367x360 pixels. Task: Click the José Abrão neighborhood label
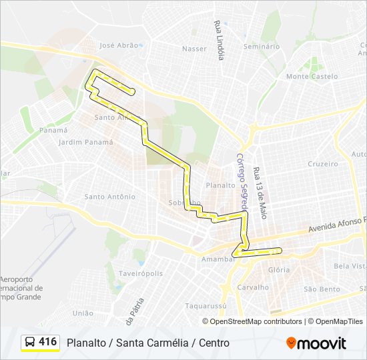pos(119,45)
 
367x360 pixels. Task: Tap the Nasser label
pos(194,49)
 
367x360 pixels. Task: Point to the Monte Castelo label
pos(312,77)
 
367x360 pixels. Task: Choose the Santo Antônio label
pos(109,197)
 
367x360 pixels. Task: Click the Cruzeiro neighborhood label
pos(323,163)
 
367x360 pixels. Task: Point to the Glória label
pos(278,270)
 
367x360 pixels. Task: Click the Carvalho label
pos(253,287)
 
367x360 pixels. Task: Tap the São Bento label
pos(322,289)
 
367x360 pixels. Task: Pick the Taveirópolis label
pos(141,273)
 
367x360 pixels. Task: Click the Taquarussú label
pos(203,307)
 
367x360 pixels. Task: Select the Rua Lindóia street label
pos(219,39)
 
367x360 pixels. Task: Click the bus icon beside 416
pos(30,343)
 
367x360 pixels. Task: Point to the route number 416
pos(48,342)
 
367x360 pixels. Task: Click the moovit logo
pos(316,343)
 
